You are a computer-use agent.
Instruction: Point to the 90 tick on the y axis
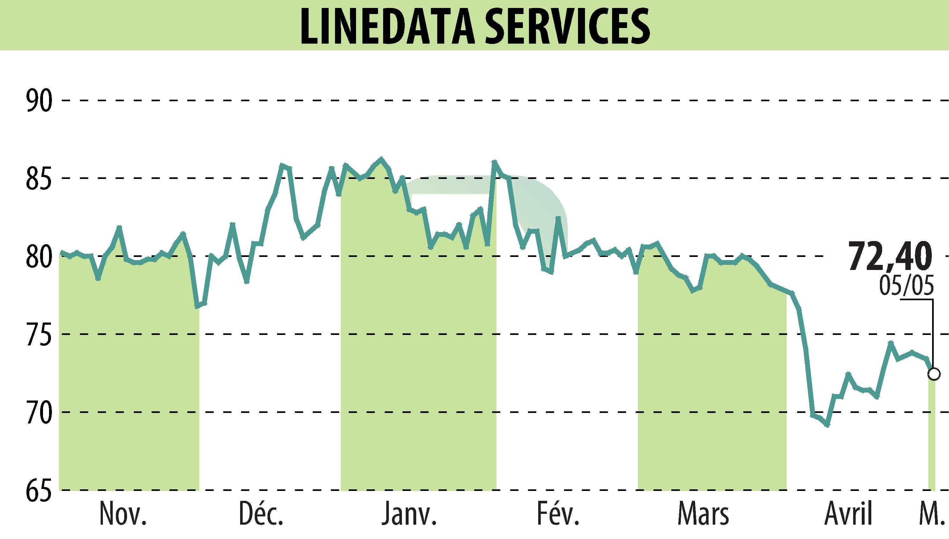tap(39, 100)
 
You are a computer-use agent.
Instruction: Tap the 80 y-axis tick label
tap(39, 256)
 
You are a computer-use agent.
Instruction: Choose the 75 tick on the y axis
tap(39, 334)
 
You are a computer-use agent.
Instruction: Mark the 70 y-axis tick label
tap(39, 412)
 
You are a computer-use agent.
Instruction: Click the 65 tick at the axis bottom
tap(39, 490)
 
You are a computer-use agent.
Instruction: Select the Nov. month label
tap(123, 514)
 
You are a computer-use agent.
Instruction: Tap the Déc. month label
tap(261, 514)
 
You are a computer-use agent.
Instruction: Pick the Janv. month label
tap(409, 514)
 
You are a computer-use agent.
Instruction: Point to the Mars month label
tap(703, 514)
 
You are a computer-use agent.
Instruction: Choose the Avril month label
tap(848, 514)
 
